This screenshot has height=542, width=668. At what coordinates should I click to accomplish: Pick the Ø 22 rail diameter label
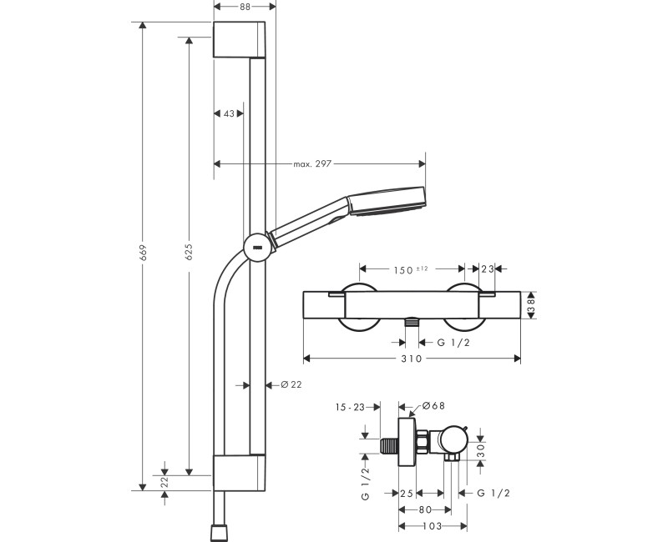291,384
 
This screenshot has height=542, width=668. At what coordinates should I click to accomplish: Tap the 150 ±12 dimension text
411,268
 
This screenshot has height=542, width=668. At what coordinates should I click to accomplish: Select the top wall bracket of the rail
240,40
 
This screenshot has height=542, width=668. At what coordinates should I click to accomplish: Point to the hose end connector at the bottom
219,531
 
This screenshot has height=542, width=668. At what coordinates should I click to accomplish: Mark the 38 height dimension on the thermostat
531,305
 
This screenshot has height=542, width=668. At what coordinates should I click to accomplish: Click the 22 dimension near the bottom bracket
165,480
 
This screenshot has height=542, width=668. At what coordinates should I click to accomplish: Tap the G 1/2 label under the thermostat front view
454,342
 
